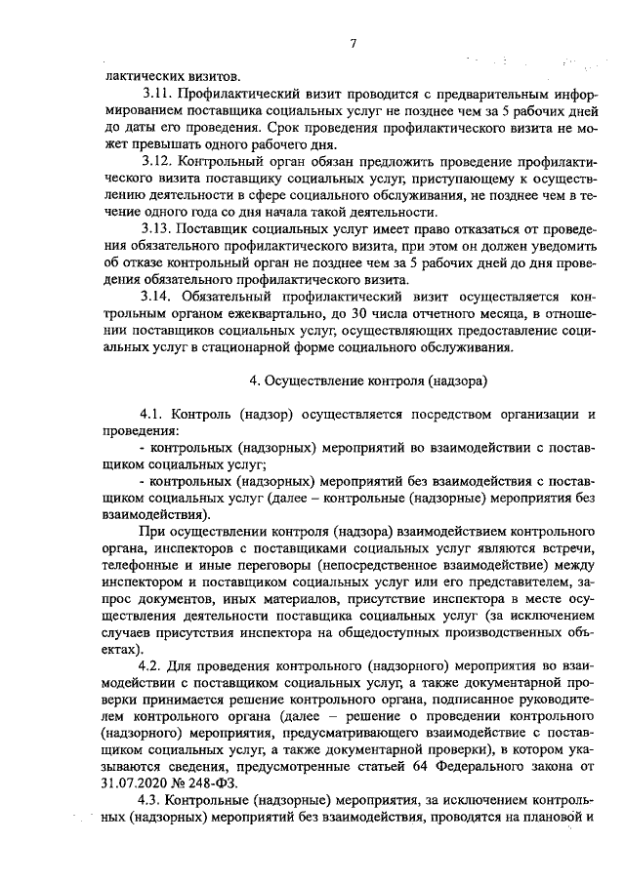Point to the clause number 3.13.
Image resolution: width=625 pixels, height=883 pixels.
pos(157,228)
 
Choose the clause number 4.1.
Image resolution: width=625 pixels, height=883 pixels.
pos(154,415)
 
